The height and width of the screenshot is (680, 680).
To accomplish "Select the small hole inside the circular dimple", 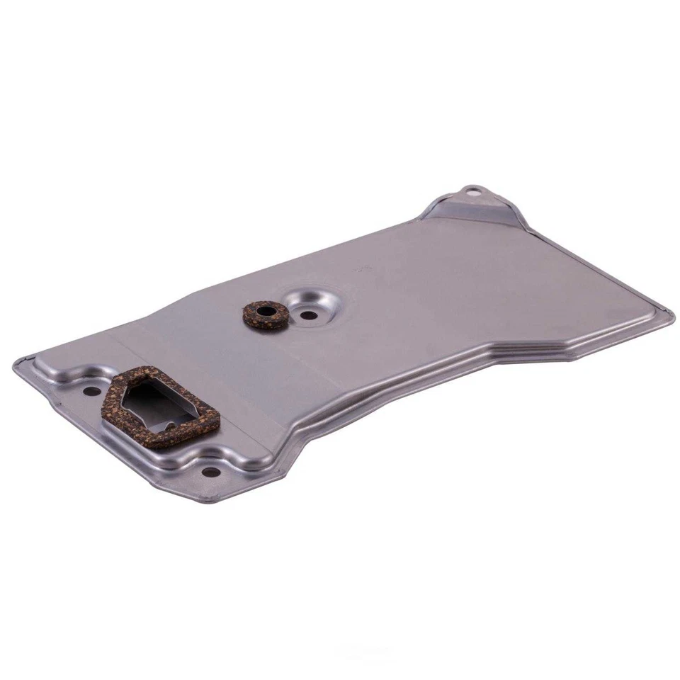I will [x=307, y=316].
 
